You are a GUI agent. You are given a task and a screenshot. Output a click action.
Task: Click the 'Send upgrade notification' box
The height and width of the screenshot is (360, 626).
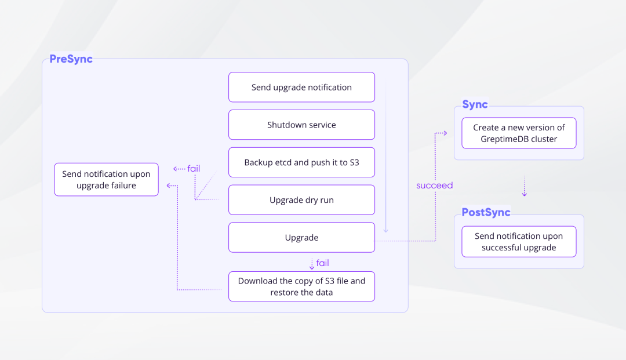pyautogui.click(x=301, y=88)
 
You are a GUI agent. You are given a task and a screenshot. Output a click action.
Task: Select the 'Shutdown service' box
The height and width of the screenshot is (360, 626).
pyautogui.click(x=301, y=125)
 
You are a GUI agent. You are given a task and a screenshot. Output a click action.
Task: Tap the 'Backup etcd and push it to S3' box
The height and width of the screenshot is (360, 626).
pyautogui.click(x=301, y=162)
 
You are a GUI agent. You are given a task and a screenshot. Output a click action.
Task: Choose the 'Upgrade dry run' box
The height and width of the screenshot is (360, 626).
pyautogui.click(x=301, y=200)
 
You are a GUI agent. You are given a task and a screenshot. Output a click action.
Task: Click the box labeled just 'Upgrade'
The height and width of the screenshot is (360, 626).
pyautogui.click(x=301, y=238)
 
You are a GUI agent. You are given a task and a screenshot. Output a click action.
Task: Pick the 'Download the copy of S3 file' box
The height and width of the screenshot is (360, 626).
pyautogui.click(x=301, y=286)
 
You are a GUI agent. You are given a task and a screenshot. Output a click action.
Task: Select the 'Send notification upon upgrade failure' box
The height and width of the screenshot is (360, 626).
pyautogui.click(x=106, y=180)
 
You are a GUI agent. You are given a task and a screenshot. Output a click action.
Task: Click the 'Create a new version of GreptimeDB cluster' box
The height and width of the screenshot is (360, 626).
pyautogui.click(x=519, y=133)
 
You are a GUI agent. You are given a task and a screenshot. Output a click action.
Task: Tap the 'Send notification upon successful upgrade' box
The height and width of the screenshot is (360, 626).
pyautogui.click(x=519, y=242)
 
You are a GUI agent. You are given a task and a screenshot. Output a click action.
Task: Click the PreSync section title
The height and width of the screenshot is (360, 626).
pyautogui.click(x=71, y=59)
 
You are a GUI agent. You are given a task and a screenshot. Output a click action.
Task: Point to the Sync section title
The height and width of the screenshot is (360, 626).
pyautogui.click(x=475, y=105)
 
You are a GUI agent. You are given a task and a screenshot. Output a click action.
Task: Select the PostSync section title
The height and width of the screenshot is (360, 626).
pyautogui.click(x=486, y=213)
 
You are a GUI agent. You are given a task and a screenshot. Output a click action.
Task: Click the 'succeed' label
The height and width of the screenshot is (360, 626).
pyautogui.click(x=434, y=186)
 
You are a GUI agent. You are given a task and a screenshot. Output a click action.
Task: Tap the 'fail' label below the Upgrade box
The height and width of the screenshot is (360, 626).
pyautogui.click(x=322, y=263)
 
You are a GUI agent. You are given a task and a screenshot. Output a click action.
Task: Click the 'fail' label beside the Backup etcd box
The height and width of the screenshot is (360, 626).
pyautogui.click(x=194, y=169)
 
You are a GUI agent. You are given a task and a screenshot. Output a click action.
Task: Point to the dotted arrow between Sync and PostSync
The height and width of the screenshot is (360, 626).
pyautogui.click(x=525, y=186)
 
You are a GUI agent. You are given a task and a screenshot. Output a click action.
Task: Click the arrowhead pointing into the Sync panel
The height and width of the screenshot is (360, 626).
pyautogui.click(x=444, y=133)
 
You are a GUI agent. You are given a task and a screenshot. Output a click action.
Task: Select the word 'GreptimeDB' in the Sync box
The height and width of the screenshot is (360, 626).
pyautogui.click(x=504, y=139)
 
